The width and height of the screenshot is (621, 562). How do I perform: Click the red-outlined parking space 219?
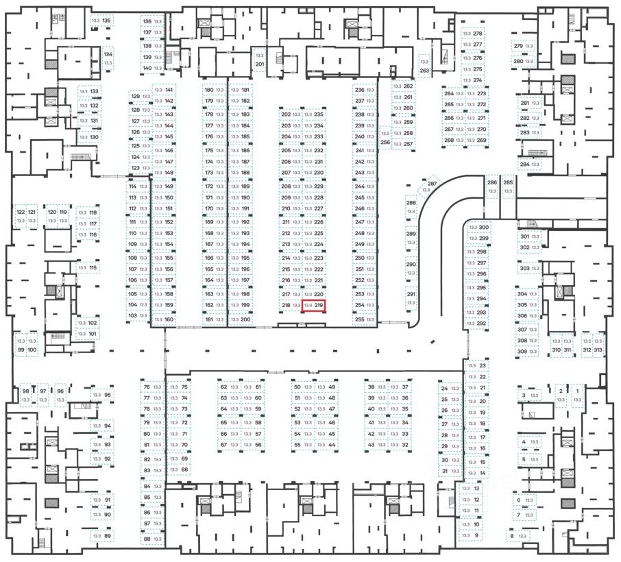313,305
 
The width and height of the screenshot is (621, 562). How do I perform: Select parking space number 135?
101,21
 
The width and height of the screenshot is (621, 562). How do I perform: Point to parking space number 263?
424,66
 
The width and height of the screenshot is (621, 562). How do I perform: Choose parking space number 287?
430,188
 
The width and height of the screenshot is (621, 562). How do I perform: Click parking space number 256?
385,138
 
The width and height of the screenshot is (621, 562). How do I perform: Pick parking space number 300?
478,228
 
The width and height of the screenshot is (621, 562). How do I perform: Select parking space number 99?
21,345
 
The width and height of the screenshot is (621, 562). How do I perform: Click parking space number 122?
21,217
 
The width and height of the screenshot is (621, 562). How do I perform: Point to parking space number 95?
101,395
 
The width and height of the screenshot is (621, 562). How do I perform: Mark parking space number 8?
516,535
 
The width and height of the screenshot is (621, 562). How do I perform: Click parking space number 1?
577,395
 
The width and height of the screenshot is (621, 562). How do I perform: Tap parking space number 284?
530,164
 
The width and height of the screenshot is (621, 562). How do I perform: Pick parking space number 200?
240,319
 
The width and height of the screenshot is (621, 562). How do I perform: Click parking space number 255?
365,319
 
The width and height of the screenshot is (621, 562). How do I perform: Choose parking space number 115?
87,267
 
